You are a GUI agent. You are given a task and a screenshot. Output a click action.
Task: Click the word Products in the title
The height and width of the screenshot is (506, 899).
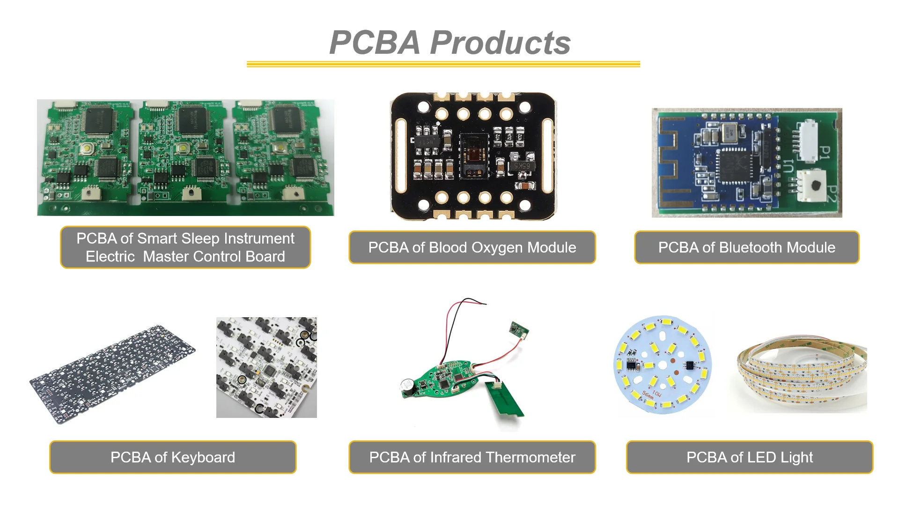click(500, 43)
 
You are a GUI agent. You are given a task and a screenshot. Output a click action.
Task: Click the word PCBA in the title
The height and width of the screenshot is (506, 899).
click(375, 43)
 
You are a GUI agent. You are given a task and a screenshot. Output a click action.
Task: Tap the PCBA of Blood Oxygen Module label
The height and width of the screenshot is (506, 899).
click(472, 247)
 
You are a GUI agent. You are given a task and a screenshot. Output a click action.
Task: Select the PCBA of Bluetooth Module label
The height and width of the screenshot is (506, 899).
click(746, 247)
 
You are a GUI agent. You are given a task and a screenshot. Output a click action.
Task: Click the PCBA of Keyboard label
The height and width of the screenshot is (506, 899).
click(173, 457)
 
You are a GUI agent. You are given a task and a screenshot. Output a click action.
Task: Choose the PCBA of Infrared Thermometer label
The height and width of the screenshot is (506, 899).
click(472, 457)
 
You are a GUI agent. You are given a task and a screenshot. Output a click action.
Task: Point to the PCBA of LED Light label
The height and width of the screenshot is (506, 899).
click(749, 457)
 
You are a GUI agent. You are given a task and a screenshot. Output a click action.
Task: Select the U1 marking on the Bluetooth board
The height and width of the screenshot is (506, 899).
click(788, 166)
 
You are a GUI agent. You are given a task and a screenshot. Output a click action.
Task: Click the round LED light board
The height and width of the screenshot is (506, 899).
click(662, 365)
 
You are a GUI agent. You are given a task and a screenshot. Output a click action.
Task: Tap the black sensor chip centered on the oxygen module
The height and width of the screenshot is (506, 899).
click(474, 156)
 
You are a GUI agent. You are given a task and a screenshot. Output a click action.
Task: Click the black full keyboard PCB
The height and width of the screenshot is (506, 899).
click(112, 375)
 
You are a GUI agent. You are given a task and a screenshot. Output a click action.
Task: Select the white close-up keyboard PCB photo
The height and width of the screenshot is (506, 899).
click(266, 367)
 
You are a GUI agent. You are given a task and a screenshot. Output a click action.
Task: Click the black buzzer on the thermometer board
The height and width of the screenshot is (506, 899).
click(407, 387)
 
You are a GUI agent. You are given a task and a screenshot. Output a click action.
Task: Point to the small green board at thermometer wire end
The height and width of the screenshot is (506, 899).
click(519, 330)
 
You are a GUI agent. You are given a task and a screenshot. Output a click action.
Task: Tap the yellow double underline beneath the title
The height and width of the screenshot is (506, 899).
click(443, 64)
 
